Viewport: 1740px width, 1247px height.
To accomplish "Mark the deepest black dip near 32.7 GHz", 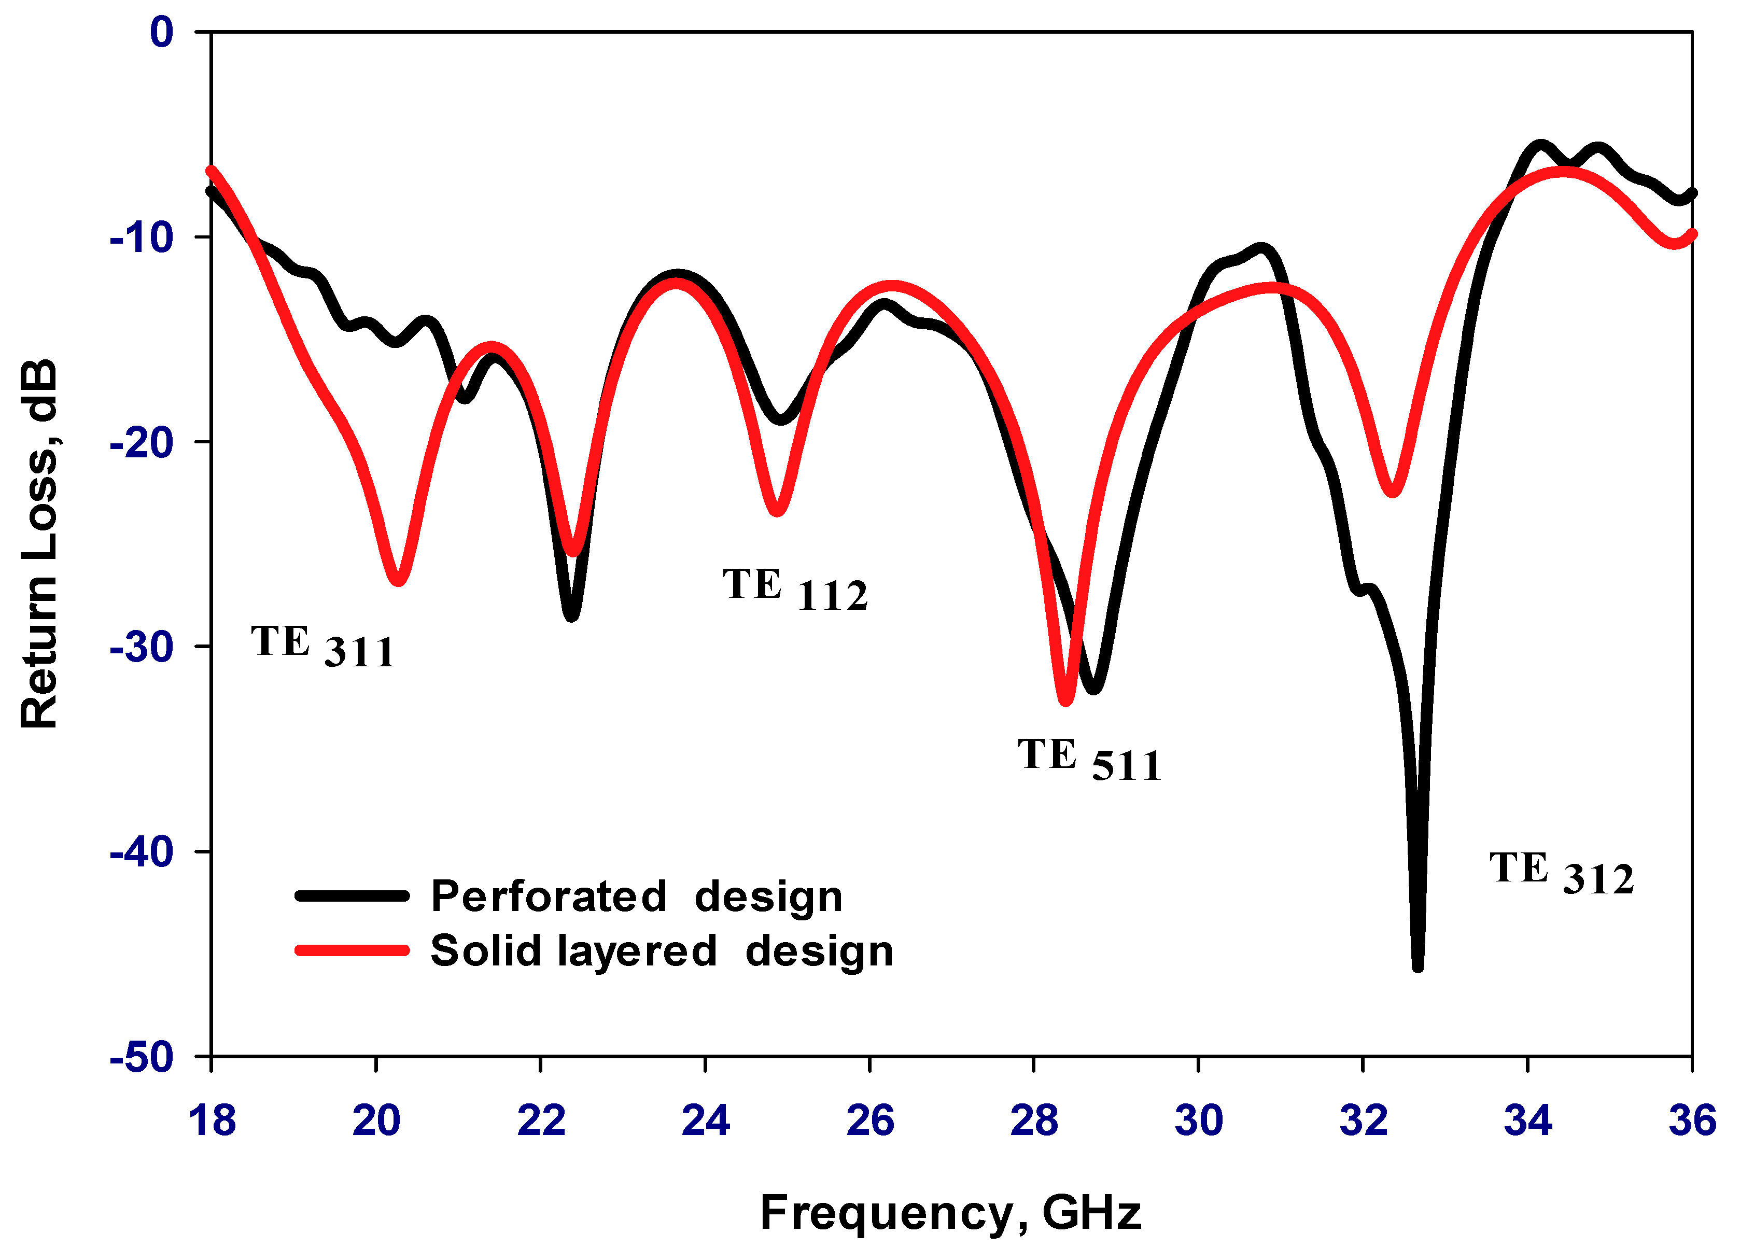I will point(1418,965).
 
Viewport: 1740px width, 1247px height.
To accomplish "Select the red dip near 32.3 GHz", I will point(1392,491).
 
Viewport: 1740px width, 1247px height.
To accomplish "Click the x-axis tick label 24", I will point(705,1120).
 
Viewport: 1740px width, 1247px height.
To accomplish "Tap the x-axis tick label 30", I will point(1198,1120).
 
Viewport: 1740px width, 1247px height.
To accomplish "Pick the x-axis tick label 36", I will point(1692,1120).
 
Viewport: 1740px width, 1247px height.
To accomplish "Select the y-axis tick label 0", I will point(162,32).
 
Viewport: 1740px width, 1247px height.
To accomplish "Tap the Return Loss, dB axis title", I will point(38,543).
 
